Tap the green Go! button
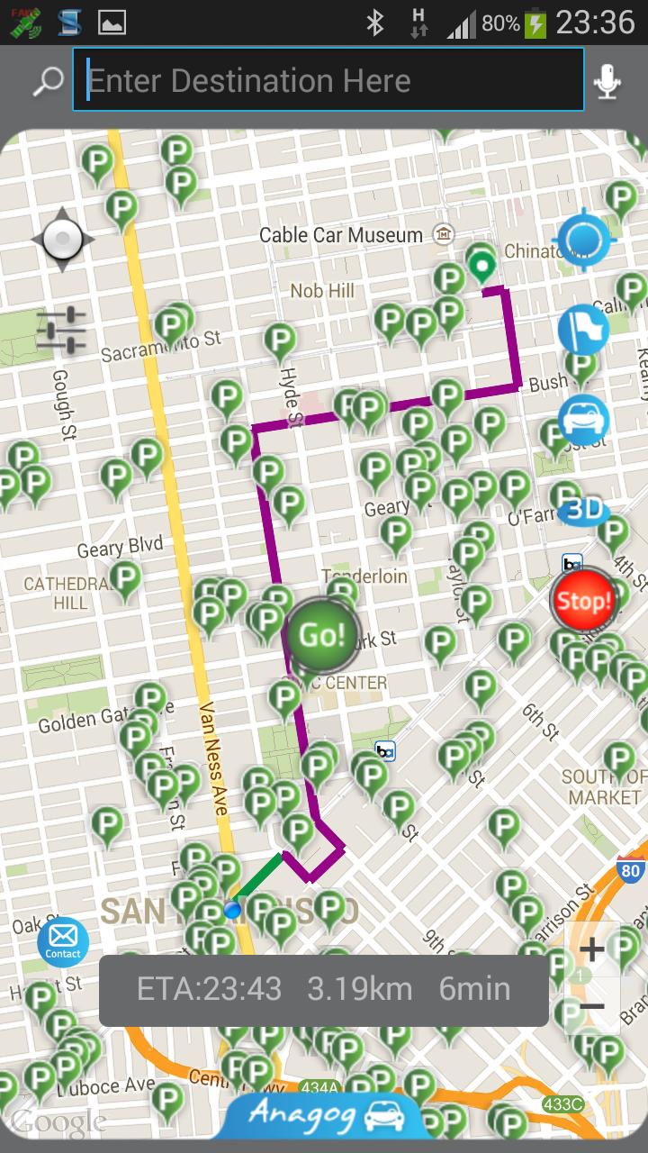pyautogui.click(x=322, y=635)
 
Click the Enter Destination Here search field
pyautogui.click(x=328, y=81)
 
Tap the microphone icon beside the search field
pyautogui.click(x=607, y=82)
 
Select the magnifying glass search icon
pyautogui.click(x=47, y=81)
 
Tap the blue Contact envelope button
pyautogui.click(x=63, y=942)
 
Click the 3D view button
pyautogui.click(x=583, y=510)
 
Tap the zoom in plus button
pyautogui.click(x=591, y=949)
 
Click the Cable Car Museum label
pyautogui.click(x=340, y=235)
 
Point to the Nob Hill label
pyautogui.click(x=322, y=291)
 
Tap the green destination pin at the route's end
pyautogui.click(x=482, y=267)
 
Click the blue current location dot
pyautogui.click(x=233, y=910)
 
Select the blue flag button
pyautogui.click(x=583, y=329)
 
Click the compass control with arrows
pyautogui.click(x=62, y=240)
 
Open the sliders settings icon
pyautogui.click(x=61, y=330)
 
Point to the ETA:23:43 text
pyautogui.click(x=209, y=989)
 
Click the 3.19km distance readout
pyautogui.click(x=359, y=989)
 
